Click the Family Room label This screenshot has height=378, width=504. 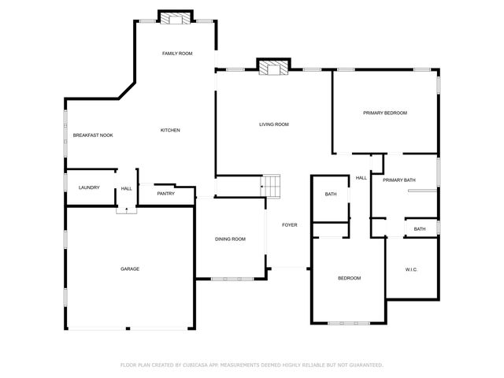coord(177,54)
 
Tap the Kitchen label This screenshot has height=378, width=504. coord(171,130)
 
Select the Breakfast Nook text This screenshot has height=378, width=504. coord(93,135)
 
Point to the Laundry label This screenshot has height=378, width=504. coord(89,187)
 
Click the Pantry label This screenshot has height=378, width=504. coord(165,193)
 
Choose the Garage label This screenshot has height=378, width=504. coord(130,269)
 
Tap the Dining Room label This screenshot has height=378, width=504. coord(231,239)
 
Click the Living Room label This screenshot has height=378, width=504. coord(275,124)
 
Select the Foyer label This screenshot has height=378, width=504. coord(290,226)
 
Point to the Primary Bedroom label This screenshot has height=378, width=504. coord(385,113)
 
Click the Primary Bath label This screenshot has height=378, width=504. coord(399,181)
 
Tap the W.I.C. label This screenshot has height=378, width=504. coord(411,270)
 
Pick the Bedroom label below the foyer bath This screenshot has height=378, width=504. coord(349,278)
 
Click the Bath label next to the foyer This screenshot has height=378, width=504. coord(331,194)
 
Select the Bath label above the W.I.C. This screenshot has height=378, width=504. coord(420,229)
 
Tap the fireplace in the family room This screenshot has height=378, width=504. coord(176,18)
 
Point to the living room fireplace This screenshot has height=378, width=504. coord(273,68)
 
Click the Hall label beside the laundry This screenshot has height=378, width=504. coord(126,188)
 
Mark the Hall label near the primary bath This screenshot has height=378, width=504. coord(361,178)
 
